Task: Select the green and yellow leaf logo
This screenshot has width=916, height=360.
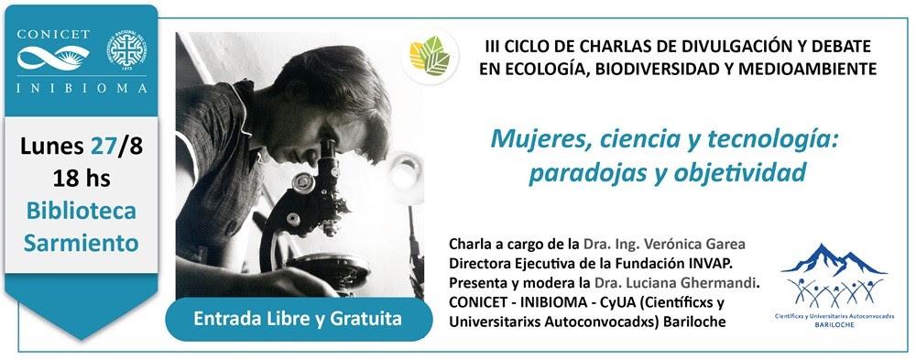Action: (430, 56)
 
